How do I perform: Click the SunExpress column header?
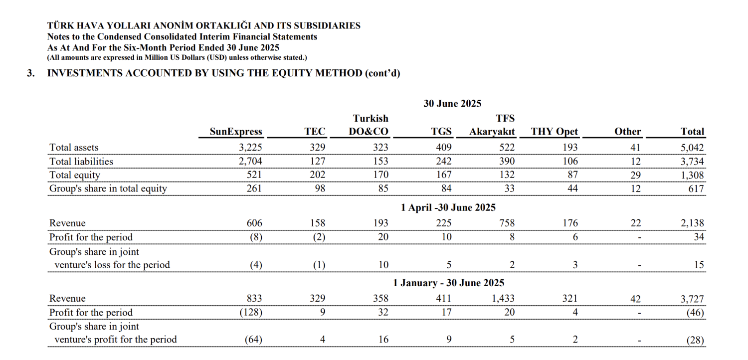tap(235, 132)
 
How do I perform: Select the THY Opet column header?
tap(554, 132)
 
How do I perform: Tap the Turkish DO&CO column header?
tap(370, 125)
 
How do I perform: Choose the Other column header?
tap(627, 132)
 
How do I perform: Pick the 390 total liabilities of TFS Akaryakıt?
tap(507, 162)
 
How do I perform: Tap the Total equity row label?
tap(75, 175)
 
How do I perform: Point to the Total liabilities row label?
tap(81, 162)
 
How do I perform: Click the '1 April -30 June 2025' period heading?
tap(448, 207)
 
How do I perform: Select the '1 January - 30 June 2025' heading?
tap(448, 283)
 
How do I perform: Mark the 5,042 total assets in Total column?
tap(693, 148)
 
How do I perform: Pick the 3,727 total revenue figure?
tap(693, 299)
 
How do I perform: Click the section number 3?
tap(31, 73)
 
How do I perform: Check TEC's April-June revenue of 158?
tap(317, 223)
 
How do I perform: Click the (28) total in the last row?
tap(695, 340)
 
